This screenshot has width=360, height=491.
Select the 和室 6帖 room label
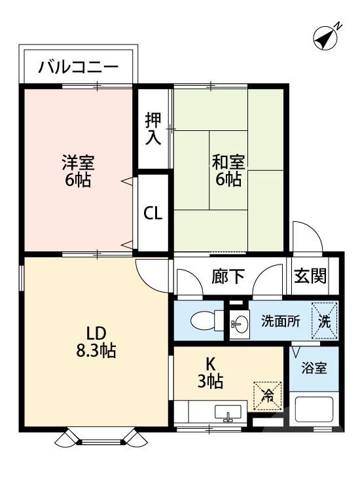pos(227,169)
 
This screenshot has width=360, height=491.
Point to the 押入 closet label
pos(153,129)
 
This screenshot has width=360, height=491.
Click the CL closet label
pos(153,213)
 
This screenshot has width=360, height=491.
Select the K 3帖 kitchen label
pos(211,372)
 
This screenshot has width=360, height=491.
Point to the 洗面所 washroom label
pos(280,321)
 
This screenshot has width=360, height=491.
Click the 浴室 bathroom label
pos(314,368)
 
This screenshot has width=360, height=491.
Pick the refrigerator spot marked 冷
pos(268,394)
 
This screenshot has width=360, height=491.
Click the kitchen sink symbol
pos(228,414)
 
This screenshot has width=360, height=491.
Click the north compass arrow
pos(325,37)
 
